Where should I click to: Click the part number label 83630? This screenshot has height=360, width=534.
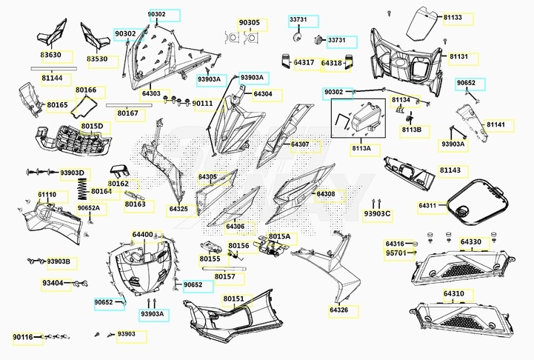click(x=51, y=55)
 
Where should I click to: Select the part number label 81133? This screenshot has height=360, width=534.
click(x=453, y=17)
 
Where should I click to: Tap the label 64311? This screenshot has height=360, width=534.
click(x=427, y=205)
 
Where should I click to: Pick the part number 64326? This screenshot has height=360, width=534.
click(x=339, y=310)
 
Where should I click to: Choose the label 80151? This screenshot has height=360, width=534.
click(x=233, y=299)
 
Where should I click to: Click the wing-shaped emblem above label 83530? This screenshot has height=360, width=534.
click(x=95, y=36)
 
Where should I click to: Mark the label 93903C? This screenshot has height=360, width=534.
click(x=377, y=213)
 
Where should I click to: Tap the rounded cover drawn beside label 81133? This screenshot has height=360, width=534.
click(x=422, y=23)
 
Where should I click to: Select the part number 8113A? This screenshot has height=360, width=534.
click(x=361, y=148)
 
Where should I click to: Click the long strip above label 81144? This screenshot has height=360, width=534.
click(x=54, y=68)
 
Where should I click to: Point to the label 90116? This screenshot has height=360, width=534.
click(x=23, y=337)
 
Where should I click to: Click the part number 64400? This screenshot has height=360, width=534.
click(x=143, y=235)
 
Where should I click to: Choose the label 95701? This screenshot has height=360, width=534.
click(x=396, y=253)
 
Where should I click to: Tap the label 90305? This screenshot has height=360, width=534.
click(x=250, y=22)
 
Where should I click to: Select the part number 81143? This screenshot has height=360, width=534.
click(x=450, y=170)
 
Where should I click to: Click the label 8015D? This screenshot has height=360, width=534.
click(x=92, y=127)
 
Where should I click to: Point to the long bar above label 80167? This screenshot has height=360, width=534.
click(x=129, y=106)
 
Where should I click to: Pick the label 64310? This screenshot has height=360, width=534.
click(x=453, y=293)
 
